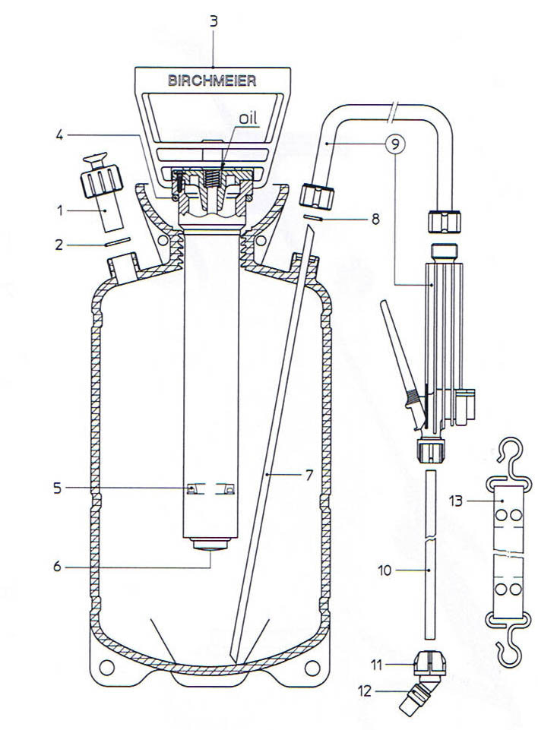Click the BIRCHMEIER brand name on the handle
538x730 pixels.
click(x=213, y=80)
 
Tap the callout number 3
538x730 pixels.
click(x=214, y=21)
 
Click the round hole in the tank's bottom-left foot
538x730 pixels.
click(x=106, y=668)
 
